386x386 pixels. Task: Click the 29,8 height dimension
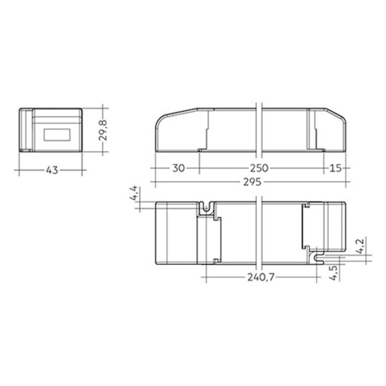point(103,130)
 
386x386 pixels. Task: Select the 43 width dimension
point(52,170)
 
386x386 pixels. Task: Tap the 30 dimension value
point(179,168)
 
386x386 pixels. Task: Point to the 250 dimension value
point(259,168)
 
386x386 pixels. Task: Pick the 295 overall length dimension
point(252,182)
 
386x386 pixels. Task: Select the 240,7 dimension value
point(261,278)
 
